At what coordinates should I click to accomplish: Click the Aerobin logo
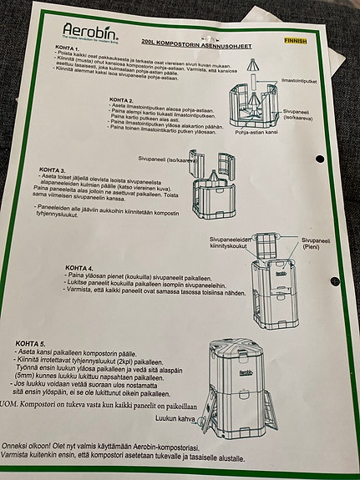[x=89, y=32]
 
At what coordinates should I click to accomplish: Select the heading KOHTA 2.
[x=126, y=99]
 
